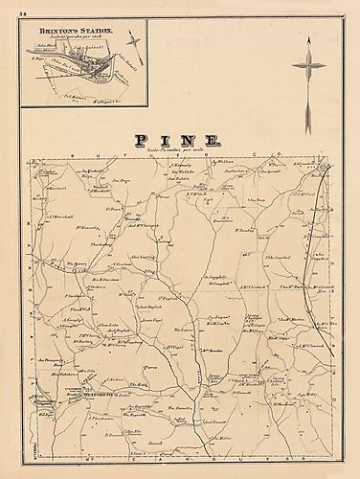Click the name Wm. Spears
tap(79, 289)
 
